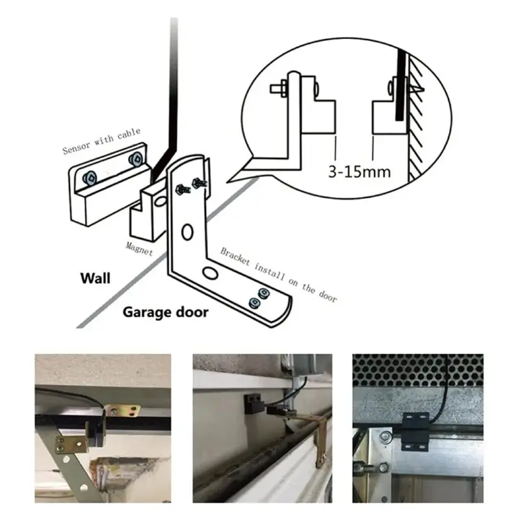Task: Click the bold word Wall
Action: (x=95, y=278)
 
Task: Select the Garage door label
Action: (x=166, y=313)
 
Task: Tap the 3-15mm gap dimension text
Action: (x=359, y=172)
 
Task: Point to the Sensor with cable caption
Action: (x=101, y=141)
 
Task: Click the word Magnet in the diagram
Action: (x=139, y=248)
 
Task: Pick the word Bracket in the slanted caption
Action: (x=235, y=256)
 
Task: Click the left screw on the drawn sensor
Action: (x=90, y=178)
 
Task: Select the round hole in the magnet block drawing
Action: (x=161, y=201)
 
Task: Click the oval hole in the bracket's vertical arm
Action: (x=187, y=232)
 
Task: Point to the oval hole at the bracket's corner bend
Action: (x=210, y=273)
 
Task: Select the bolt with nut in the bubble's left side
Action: (x=279, y=88)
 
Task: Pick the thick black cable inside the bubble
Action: (x=401, y=84)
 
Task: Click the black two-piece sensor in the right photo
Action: (x=415, y=432)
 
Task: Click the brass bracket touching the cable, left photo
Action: (x=123, y=411)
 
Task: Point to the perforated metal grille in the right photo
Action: (x=418, y=370)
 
